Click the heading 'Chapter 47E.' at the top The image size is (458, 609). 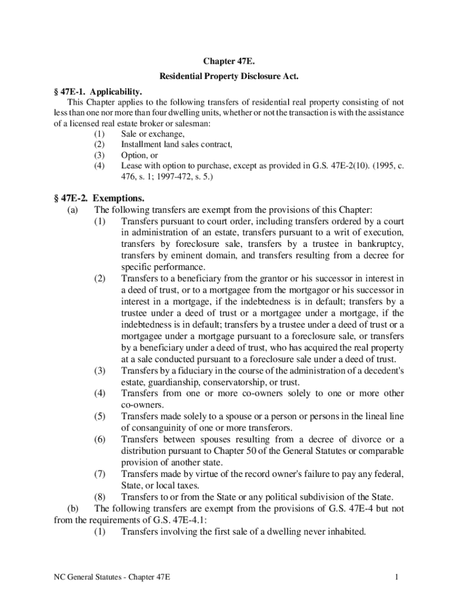(228, 61)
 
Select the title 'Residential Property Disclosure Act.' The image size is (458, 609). (228, 77)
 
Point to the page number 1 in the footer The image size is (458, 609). (396, 577)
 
